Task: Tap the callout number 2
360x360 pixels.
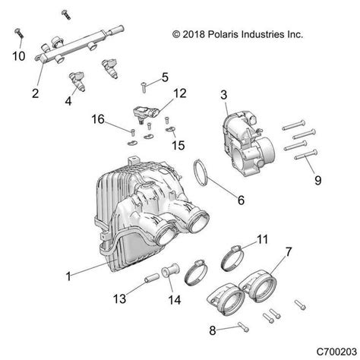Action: point(35,94)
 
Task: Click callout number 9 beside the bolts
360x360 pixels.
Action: point(318,181)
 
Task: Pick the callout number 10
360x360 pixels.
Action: point(20,56)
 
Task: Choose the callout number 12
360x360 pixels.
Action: point(179,93)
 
